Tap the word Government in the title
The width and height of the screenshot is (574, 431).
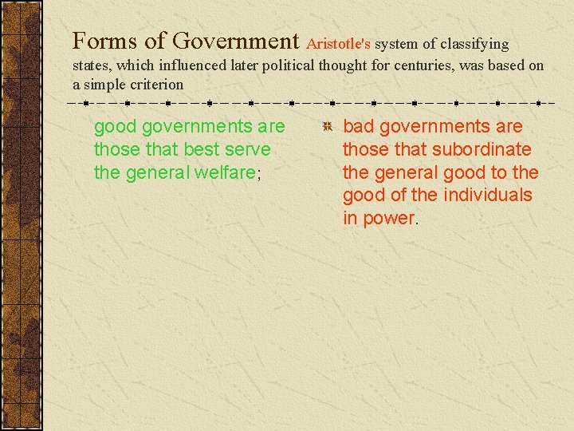[x=235, y=41]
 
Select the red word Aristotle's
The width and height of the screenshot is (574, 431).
[x=338, y=44]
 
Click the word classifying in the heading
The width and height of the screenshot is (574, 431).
[x=471, y=45]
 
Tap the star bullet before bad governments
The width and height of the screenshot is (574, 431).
[x=327, y=128]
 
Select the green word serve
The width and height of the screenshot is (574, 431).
[x=249, y=149]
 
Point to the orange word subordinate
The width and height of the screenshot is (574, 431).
[x=483, y=149]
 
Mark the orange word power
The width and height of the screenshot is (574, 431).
[x=389, y=219]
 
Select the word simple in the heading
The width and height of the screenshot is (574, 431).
[x=107, y=85]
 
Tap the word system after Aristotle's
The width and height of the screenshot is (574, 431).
[x=396, y=45]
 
